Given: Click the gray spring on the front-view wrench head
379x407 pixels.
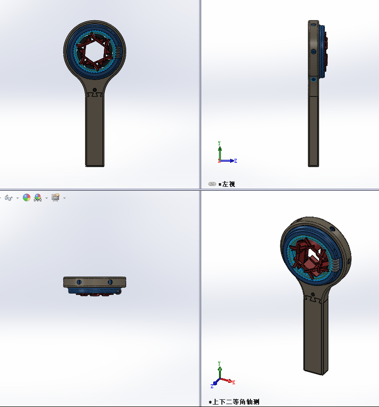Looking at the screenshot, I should [x=117, y=50].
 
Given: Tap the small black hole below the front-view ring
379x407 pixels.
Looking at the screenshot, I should [x=95, y=90].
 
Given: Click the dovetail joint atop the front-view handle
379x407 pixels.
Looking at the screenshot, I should [x=95, y=96].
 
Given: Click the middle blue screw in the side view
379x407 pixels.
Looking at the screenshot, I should [x=314, y=51].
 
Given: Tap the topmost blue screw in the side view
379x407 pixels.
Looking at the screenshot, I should [x=314, y=24].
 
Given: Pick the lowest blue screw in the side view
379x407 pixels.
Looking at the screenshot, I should [x=314, y=79].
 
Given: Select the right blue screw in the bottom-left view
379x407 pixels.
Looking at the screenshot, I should [x=110, y=281].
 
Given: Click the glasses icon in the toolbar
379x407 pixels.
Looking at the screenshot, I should [x=9, y=198].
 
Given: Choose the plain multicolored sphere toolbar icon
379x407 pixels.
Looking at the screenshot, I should [x=27, y=198].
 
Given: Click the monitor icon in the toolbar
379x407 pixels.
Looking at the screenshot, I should [x=55, y=197].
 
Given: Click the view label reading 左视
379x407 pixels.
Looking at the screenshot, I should [x=228, y=184].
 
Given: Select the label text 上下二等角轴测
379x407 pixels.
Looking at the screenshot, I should [x=236, y=402].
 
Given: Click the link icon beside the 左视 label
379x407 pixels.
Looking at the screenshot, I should [x=212, y=184].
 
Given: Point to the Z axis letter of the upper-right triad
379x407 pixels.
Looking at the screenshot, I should [x=235, y=161].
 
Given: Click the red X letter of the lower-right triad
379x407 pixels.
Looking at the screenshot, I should [x=233, y=382].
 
